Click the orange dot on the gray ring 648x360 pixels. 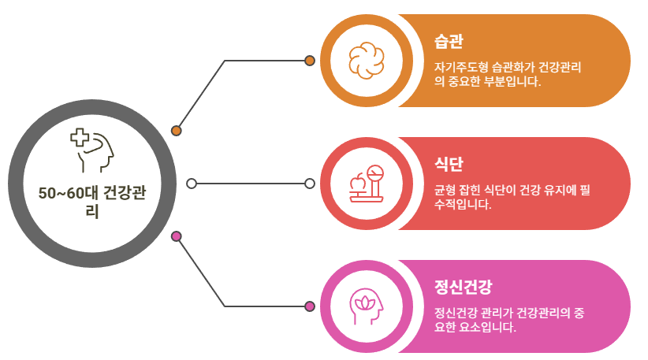point(177,131)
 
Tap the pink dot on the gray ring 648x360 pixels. point(177,236)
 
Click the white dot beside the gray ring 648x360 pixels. point(192,184)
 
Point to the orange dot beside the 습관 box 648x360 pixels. point(310,61)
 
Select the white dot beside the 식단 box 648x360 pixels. point(310,184)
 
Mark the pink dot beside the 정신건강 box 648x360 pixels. point(310,306)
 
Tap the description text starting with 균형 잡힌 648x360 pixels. point(512,197)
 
